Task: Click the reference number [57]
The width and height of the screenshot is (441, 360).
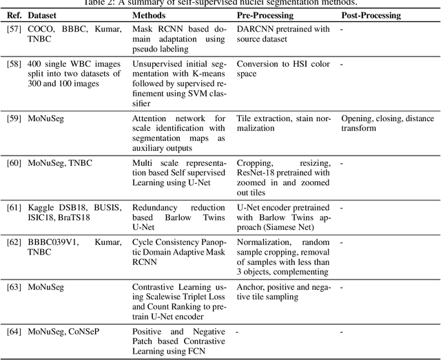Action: [x=13, y=30]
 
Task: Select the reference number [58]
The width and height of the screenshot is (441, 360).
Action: [x=13, y=64]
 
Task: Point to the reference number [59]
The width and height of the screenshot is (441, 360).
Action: [x=13, y=118]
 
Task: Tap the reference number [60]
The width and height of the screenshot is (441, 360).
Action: [x=13, y=162]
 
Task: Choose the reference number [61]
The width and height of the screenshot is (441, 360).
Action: [x=13, y=207]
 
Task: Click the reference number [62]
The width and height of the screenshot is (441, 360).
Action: [x=13, y=242]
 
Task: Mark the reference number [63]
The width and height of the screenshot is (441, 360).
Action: [x=13, y=286]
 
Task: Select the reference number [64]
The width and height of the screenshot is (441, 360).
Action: [x=13, y=331]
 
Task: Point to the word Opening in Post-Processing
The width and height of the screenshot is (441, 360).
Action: [x=358, y=118]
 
